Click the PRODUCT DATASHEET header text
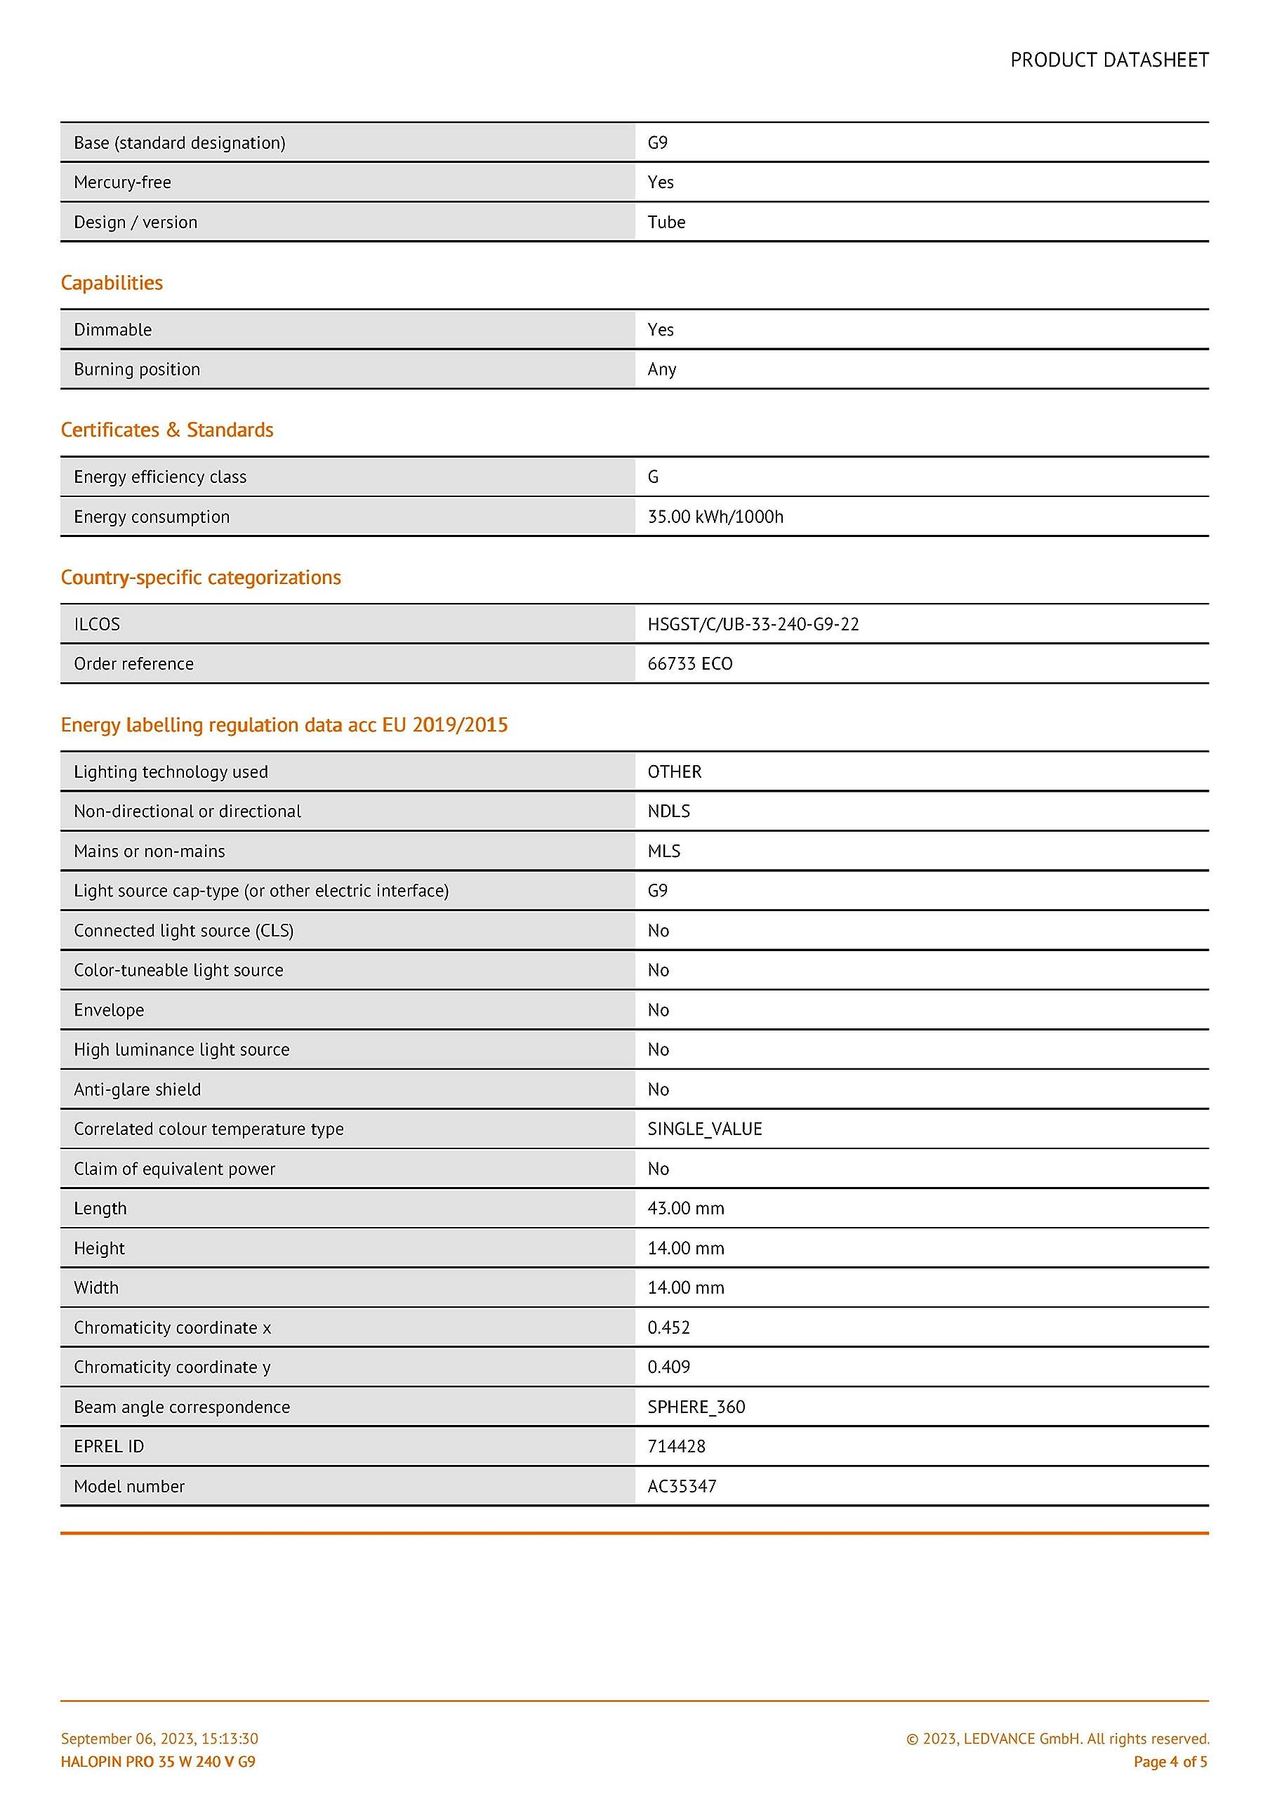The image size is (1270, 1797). (1109, 60)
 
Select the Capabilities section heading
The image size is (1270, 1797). (112, 283)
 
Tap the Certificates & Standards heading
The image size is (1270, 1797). (167, 430)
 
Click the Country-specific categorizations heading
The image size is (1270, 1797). (201, 577)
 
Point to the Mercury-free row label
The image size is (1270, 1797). (122, 183)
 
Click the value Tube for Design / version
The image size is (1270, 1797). (666, 223)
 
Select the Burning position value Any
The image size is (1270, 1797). (661, 369)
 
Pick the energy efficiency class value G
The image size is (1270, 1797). (653, 477)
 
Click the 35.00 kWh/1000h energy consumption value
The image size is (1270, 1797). (715, 517)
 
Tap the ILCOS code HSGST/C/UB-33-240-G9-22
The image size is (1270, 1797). (753, 624)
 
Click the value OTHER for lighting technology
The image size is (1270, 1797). (674, 771)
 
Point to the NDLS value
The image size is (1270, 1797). (668, 811)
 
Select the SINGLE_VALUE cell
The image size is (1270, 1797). (705, 1129)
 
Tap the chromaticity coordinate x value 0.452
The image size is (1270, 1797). (668, 1327)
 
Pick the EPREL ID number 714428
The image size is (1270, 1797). (675, 1446)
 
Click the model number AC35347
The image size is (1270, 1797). (681, 1486)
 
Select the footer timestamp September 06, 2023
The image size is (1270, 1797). (159, 1738)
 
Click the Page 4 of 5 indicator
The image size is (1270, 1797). (1170, 1762)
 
